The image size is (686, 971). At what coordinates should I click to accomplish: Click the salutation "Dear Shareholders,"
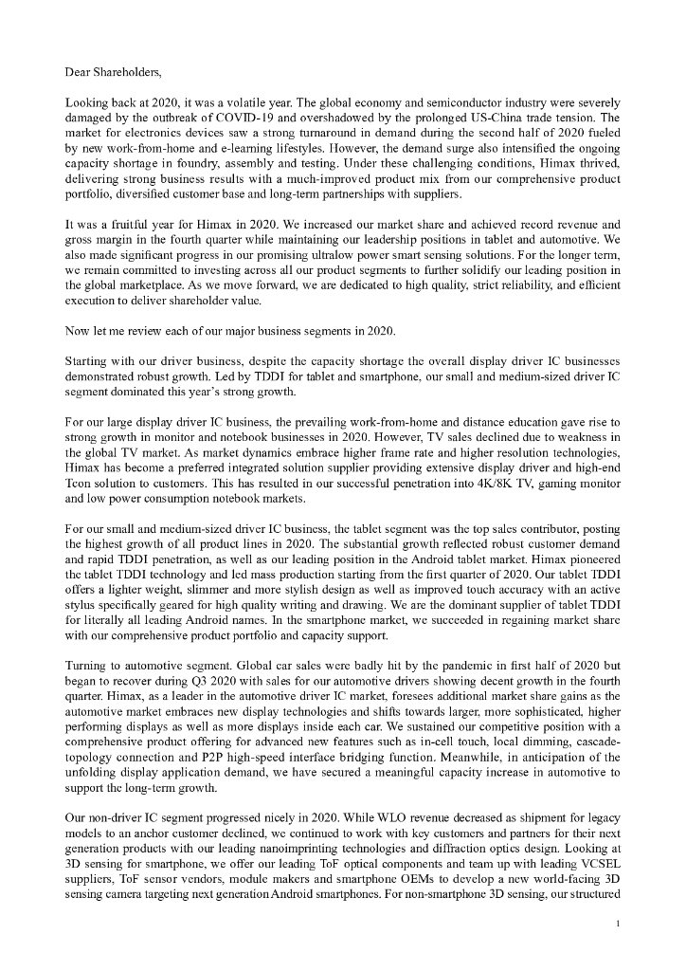point(115,71)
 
